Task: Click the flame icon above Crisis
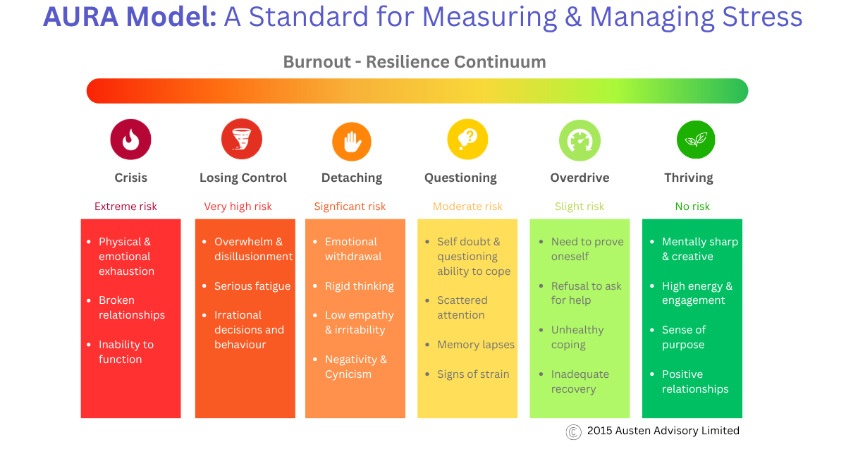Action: point(130,140)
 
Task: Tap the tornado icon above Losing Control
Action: point(242,139)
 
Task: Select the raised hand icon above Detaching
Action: point(352,142)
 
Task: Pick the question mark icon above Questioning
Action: point(467,139)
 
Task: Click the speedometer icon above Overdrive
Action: point(580,140)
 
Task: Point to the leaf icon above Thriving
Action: point(696,140)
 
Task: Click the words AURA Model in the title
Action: point(130,17)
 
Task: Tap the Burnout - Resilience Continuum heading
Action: point(415,62)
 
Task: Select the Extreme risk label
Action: point(125,207)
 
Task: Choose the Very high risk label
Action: point(238,207)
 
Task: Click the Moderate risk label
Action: point(467,207)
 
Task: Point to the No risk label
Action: point(692,207)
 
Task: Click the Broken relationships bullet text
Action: point(132,307)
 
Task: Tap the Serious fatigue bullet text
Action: point(252,286)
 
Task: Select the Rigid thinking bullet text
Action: point(359,286)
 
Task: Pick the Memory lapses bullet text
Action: point(476,345)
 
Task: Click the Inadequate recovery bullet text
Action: point(580,381)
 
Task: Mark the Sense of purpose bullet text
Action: point(683,337)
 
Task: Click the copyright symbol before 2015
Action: point(574,431)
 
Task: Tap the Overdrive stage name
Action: point(580,178)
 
